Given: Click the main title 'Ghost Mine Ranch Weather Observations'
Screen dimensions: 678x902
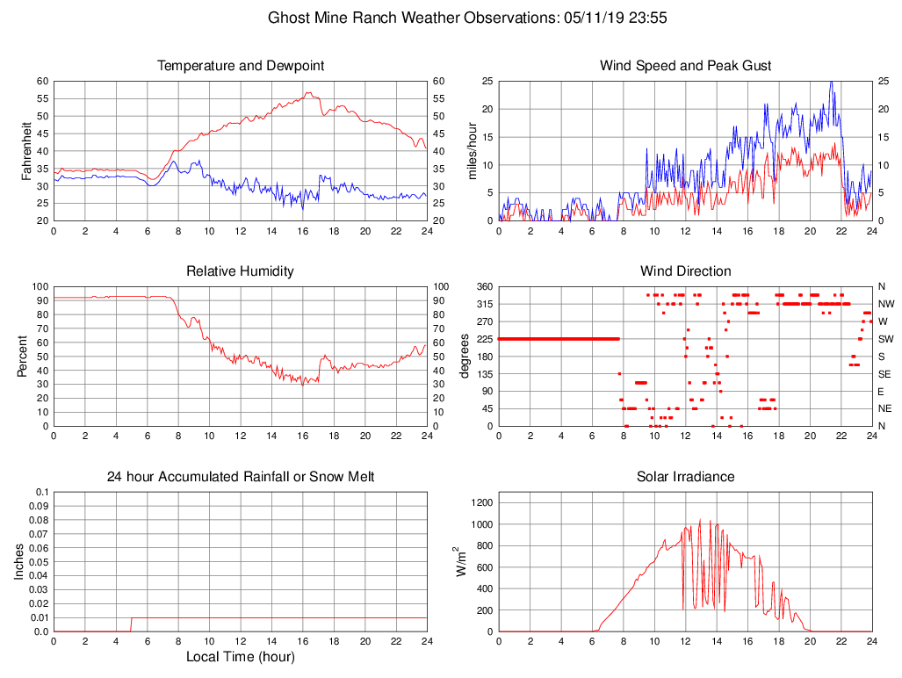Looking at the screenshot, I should pyautogui.click(x=410, y=18).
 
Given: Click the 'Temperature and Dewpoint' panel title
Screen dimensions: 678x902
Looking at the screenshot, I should pyautogui.click(x=241, y=66).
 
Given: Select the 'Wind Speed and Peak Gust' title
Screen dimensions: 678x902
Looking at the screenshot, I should pyautogui.click(x=685, y=66).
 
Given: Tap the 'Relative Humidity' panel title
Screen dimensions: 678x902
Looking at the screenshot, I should pyautogui.click(x=241, y=271).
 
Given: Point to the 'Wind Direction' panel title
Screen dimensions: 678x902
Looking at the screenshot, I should pyautogui.click(x=685, y=271).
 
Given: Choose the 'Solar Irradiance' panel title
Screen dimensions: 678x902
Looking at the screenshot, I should pyautogui.click(x=685, y=477).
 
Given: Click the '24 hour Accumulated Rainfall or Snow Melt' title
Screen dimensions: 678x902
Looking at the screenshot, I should pyautogui.click(x=241, y=477).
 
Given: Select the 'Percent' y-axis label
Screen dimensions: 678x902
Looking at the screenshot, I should pyautogui.click(x=25, y=356).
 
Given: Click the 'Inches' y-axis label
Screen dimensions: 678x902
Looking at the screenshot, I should pyautogui.click(x=20, y=561).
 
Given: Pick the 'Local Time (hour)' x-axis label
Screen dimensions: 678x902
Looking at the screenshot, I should pyautogui.click(x=241, y=657).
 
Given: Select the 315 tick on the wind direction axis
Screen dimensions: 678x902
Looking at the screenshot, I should pyautogui.click(x=484, y=304).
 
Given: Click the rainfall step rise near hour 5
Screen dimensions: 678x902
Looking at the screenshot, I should pyautogui.click(x=132, y=624).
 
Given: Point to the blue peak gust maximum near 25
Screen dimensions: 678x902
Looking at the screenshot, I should pyautogui.click(x=831, y=83).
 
